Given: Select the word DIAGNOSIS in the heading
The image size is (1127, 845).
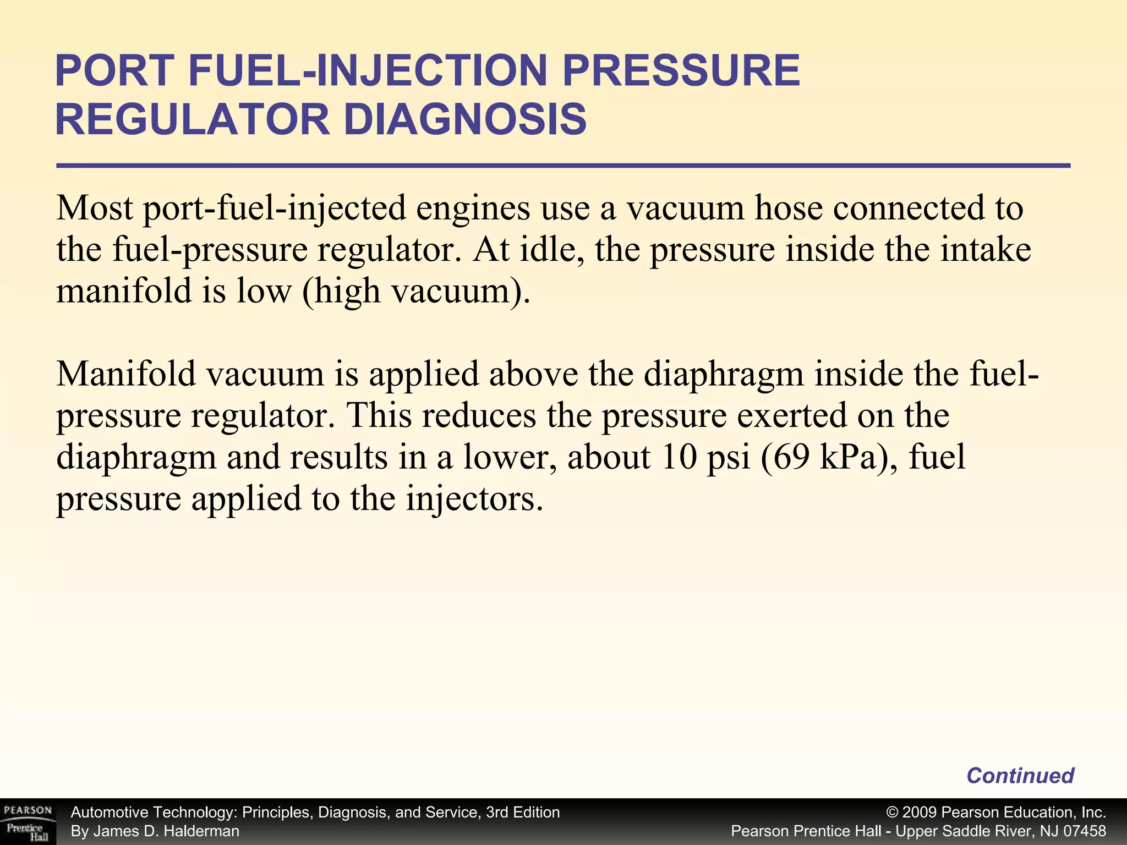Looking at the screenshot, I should coord(465,119).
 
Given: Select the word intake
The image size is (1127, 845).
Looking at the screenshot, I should coord(985,249).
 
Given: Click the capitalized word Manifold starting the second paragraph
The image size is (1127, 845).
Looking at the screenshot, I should coord(126,374).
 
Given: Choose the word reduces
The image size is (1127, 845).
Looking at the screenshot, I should coord(479,415).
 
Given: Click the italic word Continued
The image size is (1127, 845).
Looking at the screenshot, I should coord(1020,776).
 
